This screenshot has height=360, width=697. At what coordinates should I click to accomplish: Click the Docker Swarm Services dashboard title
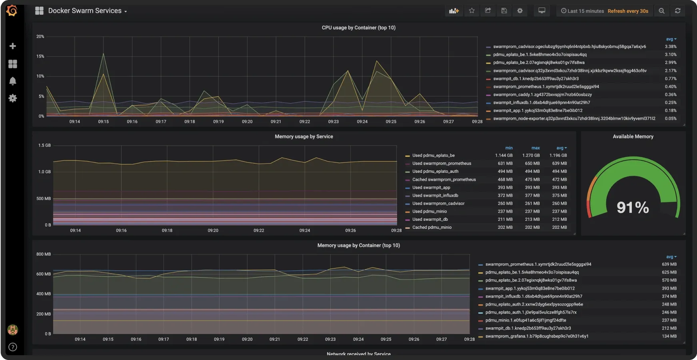(x=85, y=11)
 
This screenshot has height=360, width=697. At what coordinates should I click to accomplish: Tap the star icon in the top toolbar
(x=472, y=11)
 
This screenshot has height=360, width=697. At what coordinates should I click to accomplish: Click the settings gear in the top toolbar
(x=520, y=11)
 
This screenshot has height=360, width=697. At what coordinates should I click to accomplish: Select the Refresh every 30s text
(x=628, y=11)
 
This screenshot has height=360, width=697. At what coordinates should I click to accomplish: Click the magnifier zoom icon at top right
(x=662, y=11)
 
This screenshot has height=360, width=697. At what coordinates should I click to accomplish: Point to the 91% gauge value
(x=633, y=207)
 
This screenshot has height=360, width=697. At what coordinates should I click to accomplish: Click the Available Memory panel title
(x=633, y=136)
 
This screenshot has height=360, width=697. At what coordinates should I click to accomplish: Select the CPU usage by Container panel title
(x=358, y=28)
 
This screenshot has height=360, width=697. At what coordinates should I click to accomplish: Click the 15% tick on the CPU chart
(x=40, y=56)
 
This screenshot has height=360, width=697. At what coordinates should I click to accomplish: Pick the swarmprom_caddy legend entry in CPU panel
(x=542, y=95)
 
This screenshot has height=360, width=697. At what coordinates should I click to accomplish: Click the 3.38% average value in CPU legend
(x=671, y=47)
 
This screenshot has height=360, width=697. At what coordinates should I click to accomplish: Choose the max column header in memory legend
(x=535, y=148)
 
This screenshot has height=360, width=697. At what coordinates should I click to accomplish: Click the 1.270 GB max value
(x=531, y=156)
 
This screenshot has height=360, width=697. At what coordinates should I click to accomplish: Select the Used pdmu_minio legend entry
(x=429, y=212)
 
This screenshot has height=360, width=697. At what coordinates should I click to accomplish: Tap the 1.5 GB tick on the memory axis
(x=44, y=145)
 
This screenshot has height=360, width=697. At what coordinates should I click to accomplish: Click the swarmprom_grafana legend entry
(x=537, y=336)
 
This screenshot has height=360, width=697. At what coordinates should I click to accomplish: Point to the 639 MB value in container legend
(x=669, y=264)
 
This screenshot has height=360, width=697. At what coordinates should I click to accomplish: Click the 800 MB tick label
(x=43, y=254)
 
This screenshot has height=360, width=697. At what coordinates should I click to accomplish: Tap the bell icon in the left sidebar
(x=13, y=81)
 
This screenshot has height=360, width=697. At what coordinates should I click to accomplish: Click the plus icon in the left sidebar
(x=13, y=46)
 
